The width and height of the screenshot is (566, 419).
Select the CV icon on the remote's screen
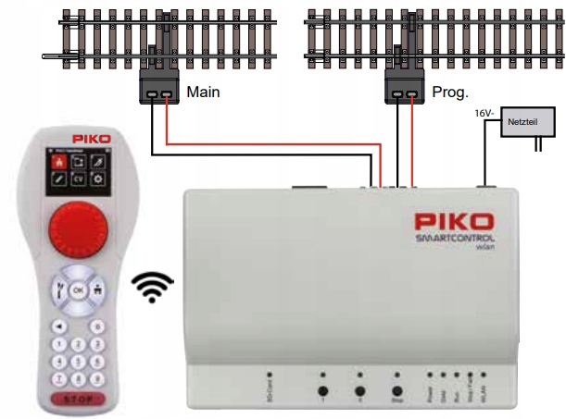pos(79,175)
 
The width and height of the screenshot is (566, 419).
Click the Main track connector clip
pos(157,91)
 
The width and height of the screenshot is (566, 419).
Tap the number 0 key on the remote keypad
pos(96,327)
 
